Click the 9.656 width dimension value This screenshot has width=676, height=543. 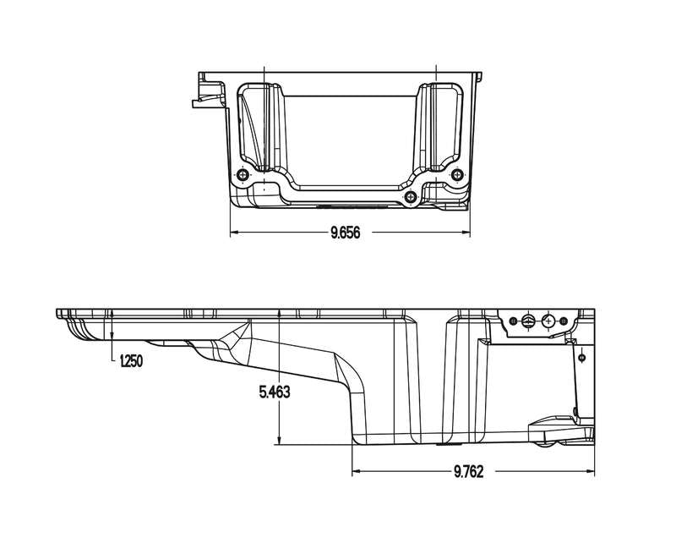tap(346, 233)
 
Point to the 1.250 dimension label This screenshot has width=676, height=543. tap(130, 361)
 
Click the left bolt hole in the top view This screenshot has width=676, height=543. tap(243, 175)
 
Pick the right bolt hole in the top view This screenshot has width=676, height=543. tap(458, 175)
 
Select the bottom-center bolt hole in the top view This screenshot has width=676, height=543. tap(411, 197)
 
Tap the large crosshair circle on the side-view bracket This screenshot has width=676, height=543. tap(548, 321)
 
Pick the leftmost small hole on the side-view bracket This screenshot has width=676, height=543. tap(511, 321)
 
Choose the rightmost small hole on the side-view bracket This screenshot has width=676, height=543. tap(565, 321)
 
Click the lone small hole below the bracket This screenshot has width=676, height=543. tap(582, 358)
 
